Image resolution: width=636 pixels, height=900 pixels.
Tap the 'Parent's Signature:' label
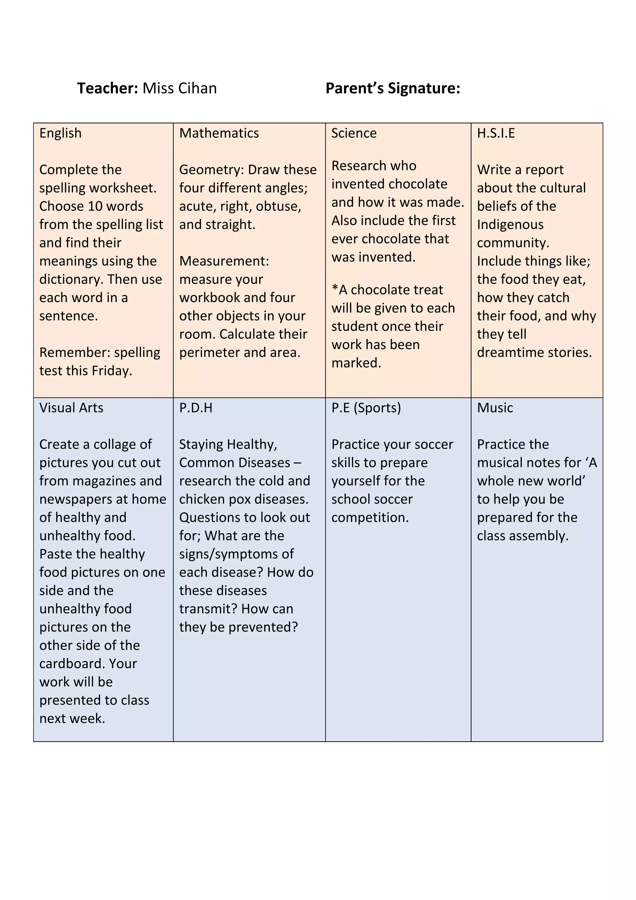pyautogui.click(x=393, y=88)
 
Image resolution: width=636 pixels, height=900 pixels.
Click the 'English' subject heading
pyautogui.click(x=60, y=133)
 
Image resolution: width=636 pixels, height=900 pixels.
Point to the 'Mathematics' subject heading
pyautogui.click(x=219, y=133)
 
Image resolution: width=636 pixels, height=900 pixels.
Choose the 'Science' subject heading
pyautogui.click(x=354, y=133)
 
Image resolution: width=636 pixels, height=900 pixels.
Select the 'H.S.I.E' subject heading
pyautogui.click(x=496, y=133)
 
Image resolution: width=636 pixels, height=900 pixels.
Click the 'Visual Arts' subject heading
pyautogui.click(x=71, y=408)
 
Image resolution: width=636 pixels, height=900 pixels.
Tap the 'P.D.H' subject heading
pyautogui.click(x=196, y=408)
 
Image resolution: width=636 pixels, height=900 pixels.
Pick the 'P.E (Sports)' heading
pyautogui.click(x=366, y=408)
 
